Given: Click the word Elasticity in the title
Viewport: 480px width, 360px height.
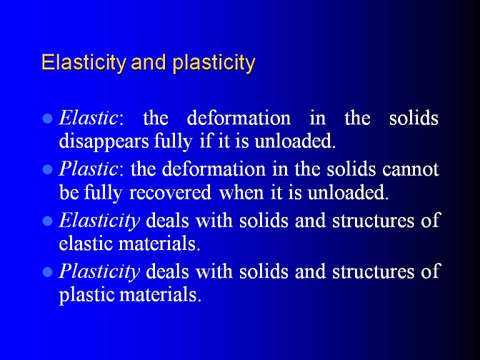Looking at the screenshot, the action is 84,63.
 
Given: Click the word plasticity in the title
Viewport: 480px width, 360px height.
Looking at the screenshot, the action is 214,63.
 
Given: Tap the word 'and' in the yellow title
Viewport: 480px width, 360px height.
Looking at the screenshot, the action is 149,62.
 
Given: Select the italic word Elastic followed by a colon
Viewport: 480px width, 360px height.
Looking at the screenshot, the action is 91,118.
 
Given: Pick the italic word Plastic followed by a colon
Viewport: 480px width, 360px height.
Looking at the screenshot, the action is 91,169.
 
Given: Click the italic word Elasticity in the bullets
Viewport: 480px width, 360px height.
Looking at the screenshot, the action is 99,221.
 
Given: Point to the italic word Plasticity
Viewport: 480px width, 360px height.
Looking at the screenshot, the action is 99,272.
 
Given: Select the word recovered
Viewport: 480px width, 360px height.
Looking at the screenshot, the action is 170,193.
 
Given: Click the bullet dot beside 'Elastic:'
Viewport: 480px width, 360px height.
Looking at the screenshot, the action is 47,119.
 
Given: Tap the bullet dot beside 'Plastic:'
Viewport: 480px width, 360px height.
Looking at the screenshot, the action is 47,169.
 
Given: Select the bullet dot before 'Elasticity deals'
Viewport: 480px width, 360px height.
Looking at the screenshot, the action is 47,221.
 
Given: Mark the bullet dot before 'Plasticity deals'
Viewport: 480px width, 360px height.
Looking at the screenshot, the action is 47,272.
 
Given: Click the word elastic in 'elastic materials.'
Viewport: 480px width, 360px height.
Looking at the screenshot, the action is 86,244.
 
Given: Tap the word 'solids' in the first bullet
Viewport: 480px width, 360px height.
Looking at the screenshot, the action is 414,118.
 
